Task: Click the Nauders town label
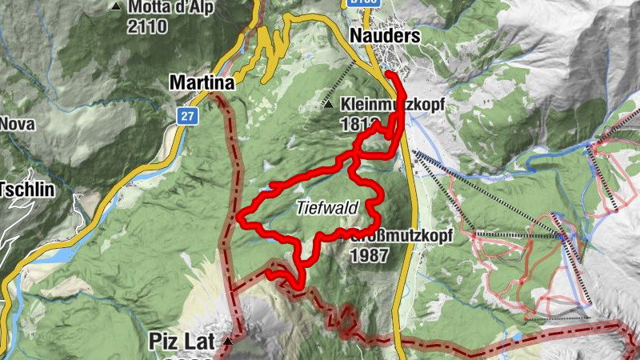coord(385,36)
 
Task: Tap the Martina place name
coord(202,82)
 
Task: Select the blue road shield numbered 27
coord(186,116)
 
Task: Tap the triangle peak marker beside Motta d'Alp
coord(117,7)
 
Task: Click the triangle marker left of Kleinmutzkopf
coord(329,104)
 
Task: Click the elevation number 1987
coord(369,256)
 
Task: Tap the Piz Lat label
coord(182,342)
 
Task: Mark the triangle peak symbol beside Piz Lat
coord(229,342)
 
